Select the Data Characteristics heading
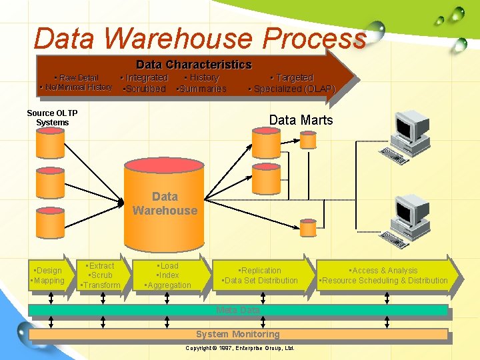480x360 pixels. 193,65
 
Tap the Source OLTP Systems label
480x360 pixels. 52,117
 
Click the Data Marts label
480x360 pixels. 301,120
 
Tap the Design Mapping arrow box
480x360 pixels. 48,275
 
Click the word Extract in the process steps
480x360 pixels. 101,266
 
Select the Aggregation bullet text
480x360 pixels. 169,285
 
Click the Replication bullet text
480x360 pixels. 261,271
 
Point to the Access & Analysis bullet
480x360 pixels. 385,271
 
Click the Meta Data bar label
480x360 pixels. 238,310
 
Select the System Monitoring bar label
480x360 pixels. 237,334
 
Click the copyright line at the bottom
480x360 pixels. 239,349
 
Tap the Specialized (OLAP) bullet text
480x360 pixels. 292,89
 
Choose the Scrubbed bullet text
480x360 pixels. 145,89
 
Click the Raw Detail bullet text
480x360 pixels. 76,78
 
